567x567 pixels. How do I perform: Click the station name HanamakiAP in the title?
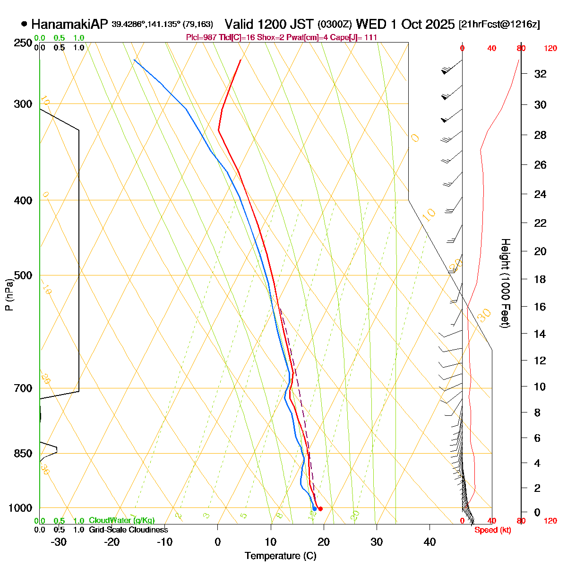pyautogui.click(x=70, y=24)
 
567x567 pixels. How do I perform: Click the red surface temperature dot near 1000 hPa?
pyautogui.click(x=320, y=509)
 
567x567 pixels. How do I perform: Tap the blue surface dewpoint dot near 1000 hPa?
pyautogui.click(x=314, y=509)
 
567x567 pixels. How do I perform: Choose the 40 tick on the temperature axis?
pyautogui.click(x=430, y=541)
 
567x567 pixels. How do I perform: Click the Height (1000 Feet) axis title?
pyautogui.click(x=505, y=283)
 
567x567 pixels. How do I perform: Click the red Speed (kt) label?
pyautogui.click(x=493, y=530)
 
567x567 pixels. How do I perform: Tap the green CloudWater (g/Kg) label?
pyautogui.click(x=121, y=521)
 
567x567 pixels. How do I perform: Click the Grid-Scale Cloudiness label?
pyautogui.click(x=128, y=530)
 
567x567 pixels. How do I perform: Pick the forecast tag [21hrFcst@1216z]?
pyautogui.click(x=499, y=25)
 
